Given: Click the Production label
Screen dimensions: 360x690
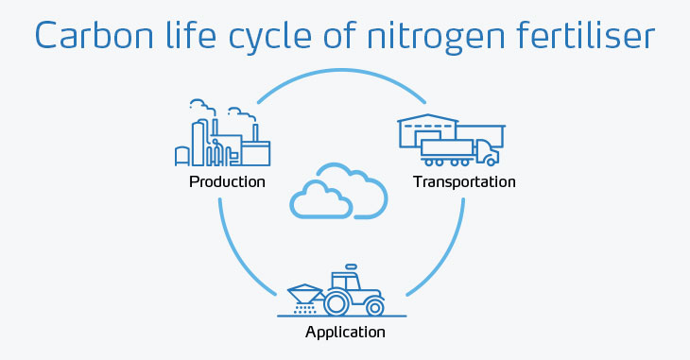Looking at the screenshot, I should click(227, 181).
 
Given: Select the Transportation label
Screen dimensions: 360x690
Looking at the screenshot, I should click(464, 181).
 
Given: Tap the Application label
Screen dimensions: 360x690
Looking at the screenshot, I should click(345, 332).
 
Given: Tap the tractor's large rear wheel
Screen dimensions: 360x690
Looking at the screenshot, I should click(337, 303).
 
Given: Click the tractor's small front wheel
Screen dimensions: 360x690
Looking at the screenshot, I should click(375, 306).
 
